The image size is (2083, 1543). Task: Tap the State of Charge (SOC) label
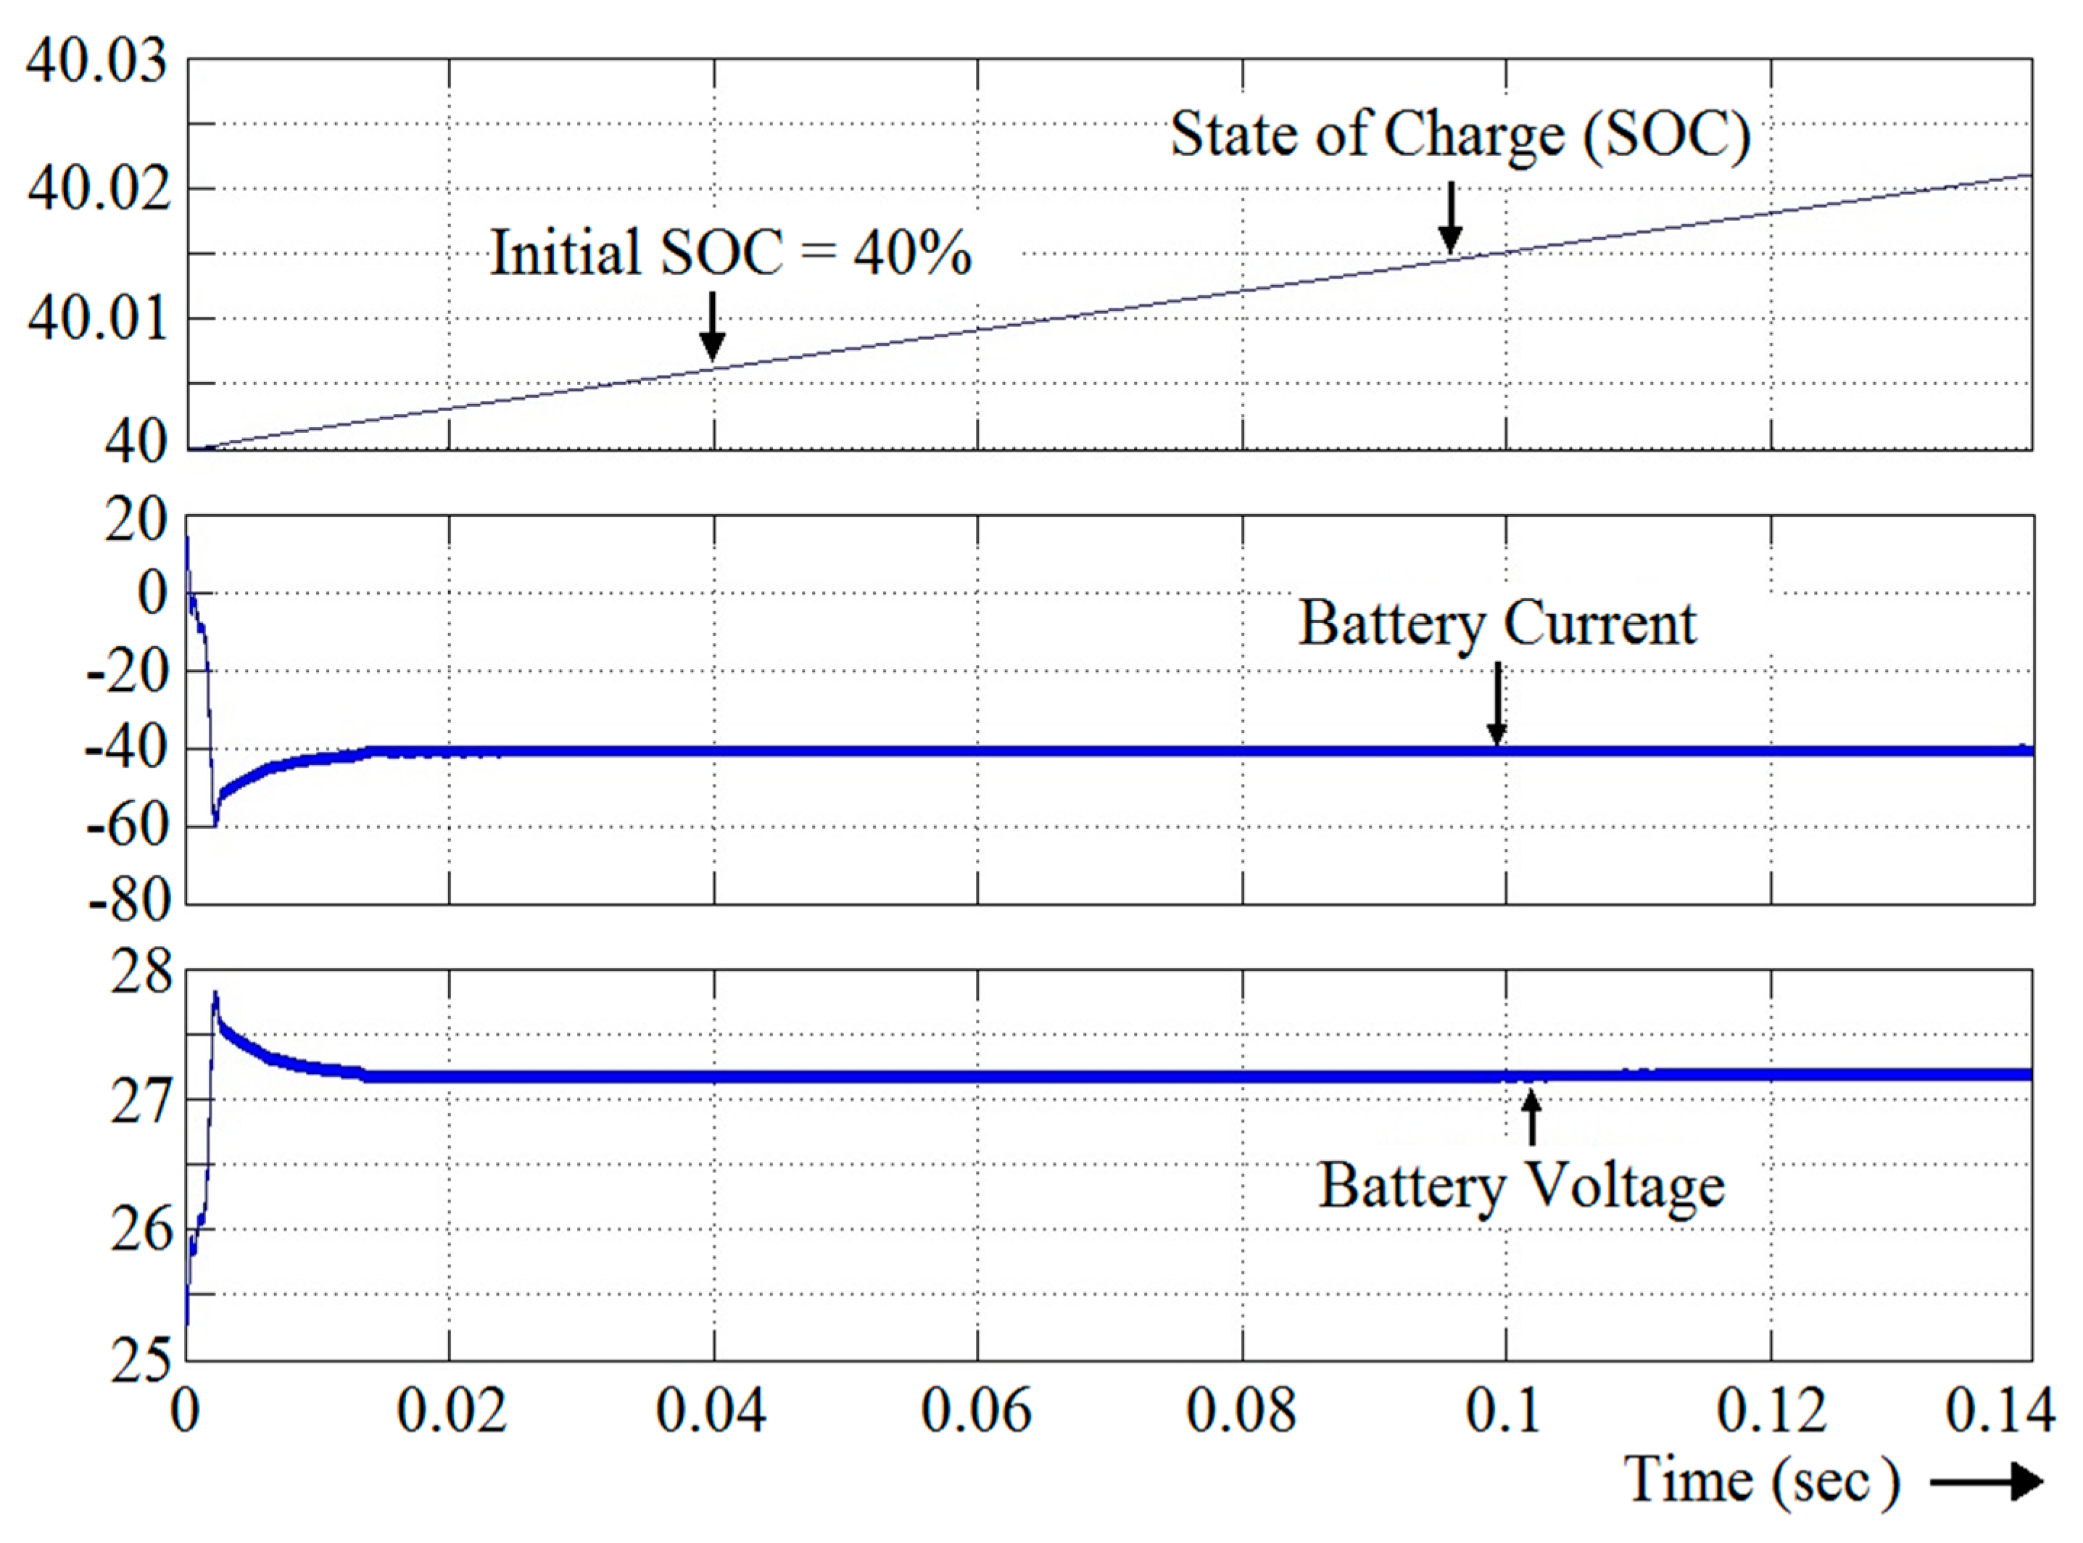click(1459, 136)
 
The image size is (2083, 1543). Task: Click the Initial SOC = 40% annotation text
click(730, 252)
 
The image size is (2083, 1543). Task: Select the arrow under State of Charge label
click(1450, 218)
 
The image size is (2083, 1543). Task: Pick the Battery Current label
click(1496, 624)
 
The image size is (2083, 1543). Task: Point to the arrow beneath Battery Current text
click(1496, 703)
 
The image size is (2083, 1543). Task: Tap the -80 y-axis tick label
click(128, 902)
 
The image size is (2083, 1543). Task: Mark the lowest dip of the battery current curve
click(215, 822)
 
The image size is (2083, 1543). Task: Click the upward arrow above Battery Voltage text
click(1531, 1118)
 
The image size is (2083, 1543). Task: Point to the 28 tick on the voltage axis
click(141, 973)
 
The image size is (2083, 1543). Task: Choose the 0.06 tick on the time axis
click(977, 1410)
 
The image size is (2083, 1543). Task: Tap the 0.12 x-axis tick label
click(1771, 1410)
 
